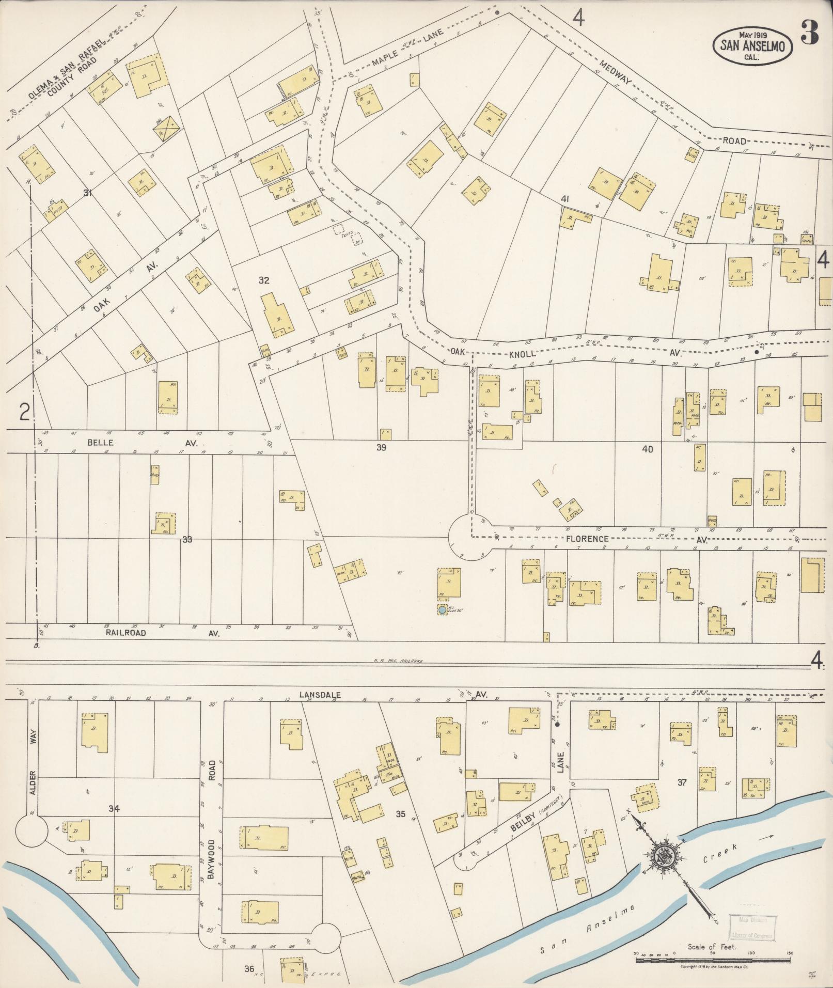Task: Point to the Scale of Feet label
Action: click(711, 947)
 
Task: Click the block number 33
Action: click(187, 540)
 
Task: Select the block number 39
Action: click(381, 447)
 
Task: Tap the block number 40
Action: click(647, 449)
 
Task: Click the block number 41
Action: click(565, 199)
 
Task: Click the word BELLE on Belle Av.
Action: click(100, 443)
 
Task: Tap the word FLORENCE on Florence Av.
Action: click(587, 539)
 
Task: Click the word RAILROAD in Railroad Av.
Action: click(125, 632)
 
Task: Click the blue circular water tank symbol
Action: click(442, 610)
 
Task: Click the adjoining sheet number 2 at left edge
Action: click(24, 412)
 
